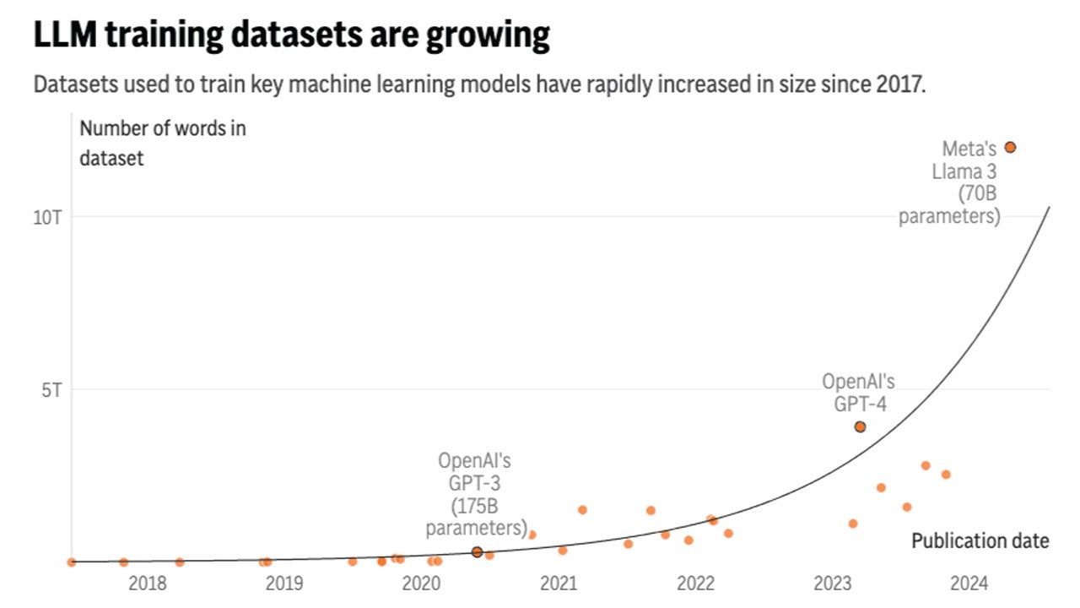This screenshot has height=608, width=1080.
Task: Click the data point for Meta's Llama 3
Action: pos(1010,147)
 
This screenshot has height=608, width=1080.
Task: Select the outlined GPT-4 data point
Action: pos(860,426)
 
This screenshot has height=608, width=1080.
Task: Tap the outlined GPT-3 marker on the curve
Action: pos(477,551)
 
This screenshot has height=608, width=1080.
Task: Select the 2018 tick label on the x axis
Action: pos(147,583)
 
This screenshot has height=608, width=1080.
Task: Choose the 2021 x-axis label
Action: pos(558,583)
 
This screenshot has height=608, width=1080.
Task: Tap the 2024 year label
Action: pos(969,583)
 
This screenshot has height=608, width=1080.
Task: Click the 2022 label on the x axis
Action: pos(695,583)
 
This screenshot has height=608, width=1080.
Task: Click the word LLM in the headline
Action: pos(62,35)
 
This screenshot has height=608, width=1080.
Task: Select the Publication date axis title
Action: pos(980,540)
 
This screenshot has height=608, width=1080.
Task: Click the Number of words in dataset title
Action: pos(162,143)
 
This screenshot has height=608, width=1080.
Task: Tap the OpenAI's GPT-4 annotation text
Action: pos(859,393)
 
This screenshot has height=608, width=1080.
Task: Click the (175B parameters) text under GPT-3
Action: pos(477,518)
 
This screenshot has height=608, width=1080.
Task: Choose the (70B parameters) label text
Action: pos(951,205)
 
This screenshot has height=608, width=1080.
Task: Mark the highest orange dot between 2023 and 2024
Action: pos(926,465)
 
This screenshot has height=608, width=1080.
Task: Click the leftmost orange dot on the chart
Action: pos(72,562)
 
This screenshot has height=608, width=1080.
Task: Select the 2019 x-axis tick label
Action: pos(283,583)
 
